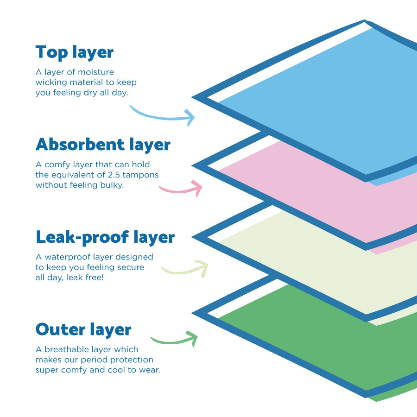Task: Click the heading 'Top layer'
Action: tap(74, 52)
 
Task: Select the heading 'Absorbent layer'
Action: tap(103, 145)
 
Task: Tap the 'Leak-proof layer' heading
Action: tap(105, 237)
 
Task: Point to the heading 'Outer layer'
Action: tap(83, 330)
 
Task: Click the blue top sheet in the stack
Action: tap(315, 102)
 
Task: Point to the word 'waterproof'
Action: tap(64, 257)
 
